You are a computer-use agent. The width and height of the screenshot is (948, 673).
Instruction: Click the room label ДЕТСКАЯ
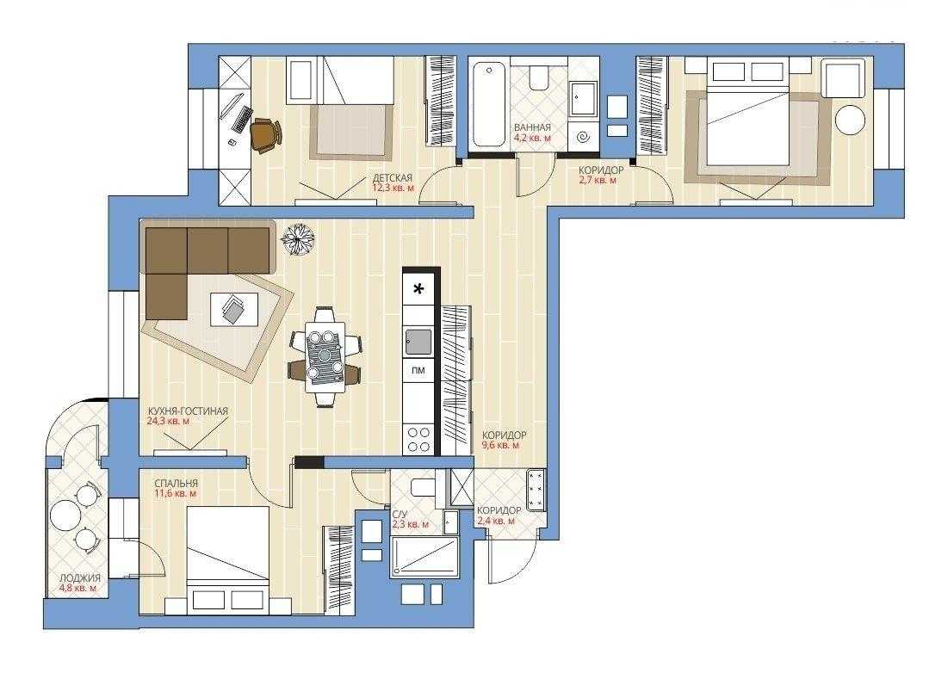393,177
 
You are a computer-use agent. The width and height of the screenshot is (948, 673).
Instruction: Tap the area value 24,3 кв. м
168,421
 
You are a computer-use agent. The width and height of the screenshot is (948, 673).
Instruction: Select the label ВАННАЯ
532,127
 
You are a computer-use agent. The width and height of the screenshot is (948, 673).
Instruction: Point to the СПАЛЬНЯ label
176,484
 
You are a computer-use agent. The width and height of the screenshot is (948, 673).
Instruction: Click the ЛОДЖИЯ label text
80,578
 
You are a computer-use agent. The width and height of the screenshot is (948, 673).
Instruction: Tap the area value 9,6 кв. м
500,445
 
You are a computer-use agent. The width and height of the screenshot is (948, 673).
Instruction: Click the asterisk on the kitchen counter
418,289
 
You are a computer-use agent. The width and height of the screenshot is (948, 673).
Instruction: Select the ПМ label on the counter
418,370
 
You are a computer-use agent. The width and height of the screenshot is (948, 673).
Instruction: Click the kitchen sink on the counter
418,342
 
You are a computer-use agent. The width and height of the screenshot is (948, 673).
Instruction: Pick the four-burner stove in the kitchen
418,439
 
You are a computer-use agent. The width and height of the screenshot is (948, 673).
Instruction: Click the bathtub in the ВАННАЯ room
488,104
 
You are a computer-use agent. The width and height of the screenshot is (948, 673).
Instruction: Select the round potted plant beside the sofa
298,240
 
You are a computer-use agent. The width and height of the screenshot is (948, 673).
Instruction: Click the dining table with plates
325,356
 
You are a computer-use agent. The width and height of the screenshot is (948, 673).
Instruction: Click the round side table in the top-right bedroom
850,119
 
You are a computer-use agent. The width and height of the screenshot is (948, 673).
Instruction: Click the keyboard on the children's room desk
243,119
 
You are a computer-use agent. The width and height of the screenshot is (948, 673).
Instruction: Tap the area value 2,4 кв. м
496,521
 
